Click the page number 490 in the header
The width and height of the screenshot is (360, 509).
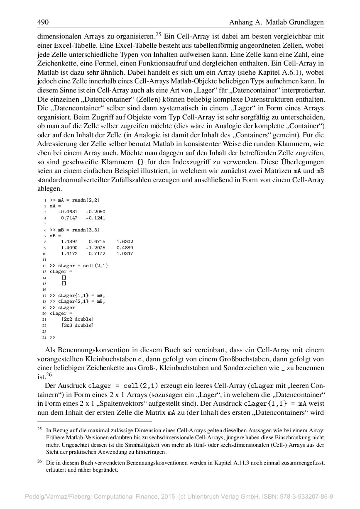coord(43,22)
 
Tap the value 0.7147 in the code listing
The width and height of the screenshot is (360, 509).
coord(69,217)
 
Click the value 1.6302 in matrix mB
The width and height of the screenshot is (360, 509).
coord(125,241)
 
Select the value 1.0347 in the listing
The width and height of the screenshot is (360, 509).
coord(125,253)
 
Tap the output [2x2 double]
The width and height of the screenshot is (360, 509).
coord(77,319)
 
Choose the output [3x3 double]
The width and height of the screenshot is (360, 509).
coord(77,326)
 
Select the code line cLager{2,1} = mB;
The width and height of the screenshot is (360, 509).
coord(77,302)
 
